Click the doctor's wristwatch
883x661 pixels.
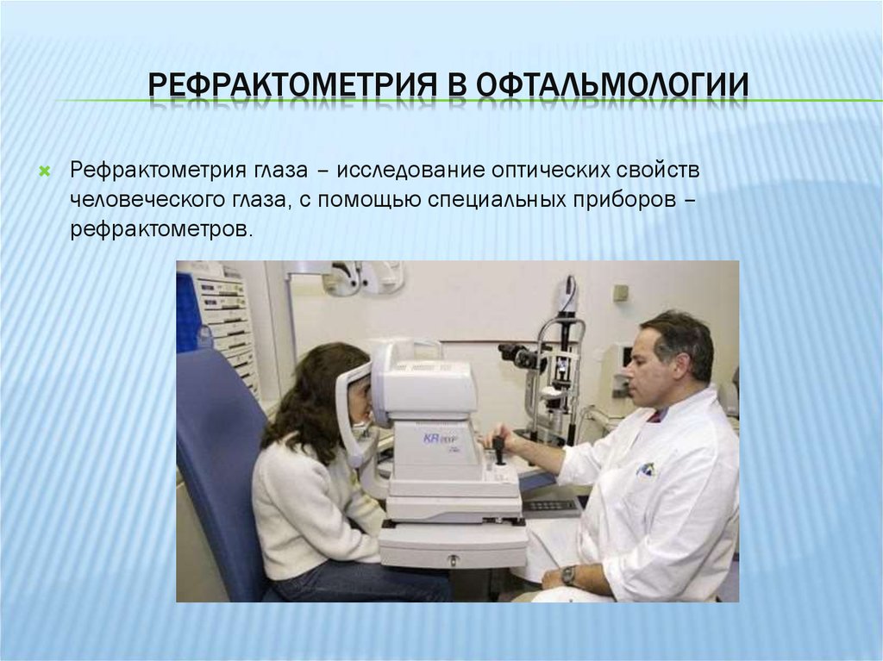click(567, 574)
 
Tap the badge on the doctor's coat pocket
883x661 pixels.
click(646, 470)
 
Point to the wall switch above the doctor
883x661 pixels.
click(620, 292)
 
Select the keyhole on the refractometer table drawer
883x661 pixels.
click(453, 560)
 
